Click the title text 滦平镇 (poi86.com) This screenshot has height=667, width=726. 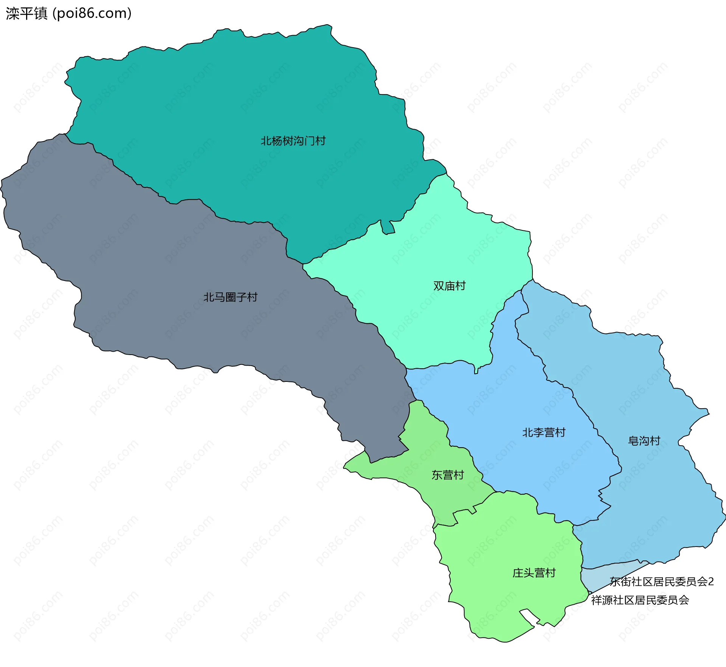(x=68, y=14)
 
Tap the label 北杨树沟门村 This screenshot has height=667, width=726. (x=293, y=141)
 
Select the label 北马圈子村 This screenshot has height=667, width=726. (x=230, y=297)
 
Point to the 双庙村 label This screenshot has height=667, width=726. (x=449, y=286)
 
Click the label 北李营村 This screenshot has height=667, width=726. (x=544, y=432)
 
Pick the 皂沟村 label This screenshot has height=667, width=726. (x=644, y=441)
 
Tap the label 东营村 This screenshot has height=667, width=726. (x=448, y=475)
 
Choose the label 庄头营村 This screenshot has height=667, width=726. (x=534, y=573)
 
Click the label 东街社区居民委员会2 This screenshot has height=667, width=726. (x=661, y=582)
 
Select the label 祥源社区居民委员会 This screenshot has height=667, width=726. (x=640, y=600)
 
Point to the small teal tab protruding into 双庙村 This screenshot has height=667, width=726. (x=387, y=227)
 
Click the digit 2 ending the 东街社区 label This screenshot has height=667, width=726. (x=711, y=582)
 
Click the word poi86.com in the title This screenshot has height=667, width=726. (x=92, y=14)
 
